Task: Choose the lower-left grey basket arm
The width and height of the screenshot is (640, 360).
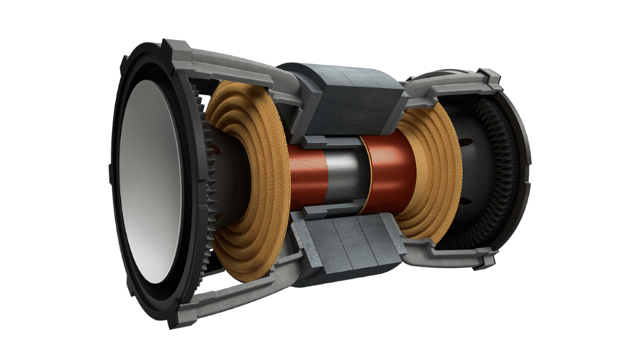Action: tap(235, 293)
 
